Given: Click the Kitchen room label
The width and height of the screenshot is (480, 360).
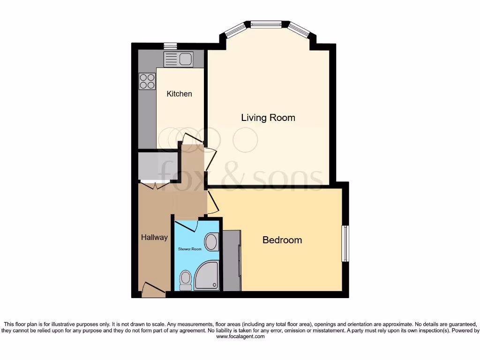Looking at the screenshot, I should pos(180,94).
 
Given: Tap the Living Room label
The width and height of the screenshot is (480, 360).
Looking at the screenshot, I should pos(268,118).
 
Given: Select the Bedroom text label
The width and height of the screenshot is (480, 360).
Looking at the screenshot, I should pos(282,240).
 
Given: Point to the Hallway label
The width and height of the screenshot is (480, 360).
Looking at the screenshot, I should pos(154,238).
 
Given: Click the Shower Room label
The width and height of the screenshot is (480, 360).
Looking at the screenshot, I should pos(190,249).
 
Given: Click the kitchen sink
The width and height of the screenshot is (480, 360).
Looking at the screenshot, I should pos(179,60).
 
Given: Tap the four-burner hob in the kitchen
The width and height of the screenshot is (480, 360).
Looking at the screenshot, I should pos(147,81).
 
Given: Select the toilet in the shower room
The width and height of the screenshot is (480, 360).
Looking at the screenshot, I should pos(186,280).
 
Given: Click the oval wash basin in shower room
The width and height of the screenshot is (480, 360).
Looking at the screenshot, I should pos(212,242).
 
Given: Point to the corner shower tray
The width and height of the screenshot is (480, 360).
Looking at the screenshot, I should pos(207,277).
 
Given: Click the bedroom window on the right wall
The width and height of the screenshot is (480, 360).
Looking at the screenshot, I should pos(345,244).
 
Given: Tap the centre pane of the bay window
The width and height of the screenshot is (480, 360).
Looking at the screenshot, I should pos(266,24).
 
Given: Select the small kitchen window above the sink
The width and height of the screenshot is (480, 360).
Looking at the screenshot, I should pos(170,46).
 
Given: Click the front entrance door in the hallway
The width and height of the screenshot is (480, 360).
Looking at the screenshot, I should pos(153,289).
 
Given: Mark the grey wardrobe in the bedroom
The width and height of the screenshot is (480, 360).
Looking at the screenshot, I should pos(232,260).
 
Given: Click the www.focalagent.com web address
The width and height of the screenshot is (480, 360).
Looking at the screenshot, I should pos(240,337).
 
